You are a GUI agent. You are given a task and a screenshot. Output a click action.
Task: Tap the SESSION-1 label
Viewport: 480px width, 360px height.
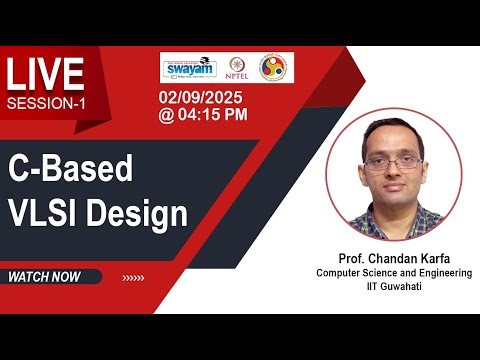(x=46, y=104)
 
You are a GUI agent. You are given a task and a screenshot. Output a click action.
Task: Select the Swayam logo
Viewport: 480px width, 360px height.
(x=188, y=67)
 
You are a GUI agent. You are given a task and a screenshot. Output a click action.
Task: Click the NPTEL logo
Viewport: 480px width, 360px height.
(x=238, y=67)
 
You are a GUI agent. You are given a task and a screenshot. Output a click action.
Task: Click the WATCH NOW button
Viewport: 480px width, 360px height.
(x=44, y=277)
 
